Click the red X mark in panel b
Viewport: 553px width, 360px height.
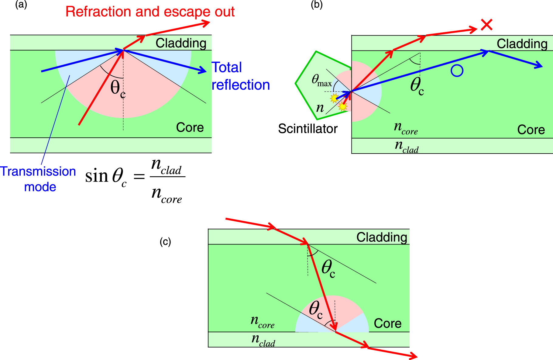tap(487, 25)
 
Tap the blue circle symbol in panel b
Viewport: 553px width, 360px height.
tap(457, 71)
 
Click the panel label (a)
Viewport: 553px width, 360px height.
tap(21, 5)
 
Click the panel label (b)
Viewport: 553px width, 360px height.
tap(316, 5)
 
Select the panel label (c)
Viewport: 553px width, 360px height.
tap(165, 242)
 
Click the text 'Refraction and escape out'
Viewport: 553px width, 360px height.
tap(150, 12)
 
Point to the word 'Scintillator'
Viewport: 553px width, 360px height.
tap(307, 129)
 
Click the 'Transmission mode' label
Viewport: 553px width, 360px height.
tap(38, 179)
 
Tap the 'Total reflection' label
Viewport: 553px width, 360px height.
tap(240, 76)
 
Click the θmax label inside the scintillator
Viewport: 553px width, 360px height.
tap(321, 80)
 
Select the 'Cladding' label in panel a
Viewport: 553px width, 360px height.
tap(181, 43)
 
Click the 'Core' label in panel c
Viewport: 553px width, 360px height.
tap(387, 324)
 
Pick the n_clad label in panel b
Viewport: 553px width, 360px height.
tap(406, 146)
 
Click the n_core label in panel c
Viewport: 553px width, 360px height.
tap(262, 322)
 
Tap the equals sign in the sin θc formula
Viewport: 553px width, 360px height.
tap(139, 176)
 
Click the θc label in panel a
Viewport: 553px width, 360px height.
tap(118, 89)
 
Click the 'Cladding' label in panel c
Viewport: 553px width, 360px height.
tap(382, 237)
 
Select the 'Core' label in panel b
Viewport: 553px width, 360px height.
tap(531, 130)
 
